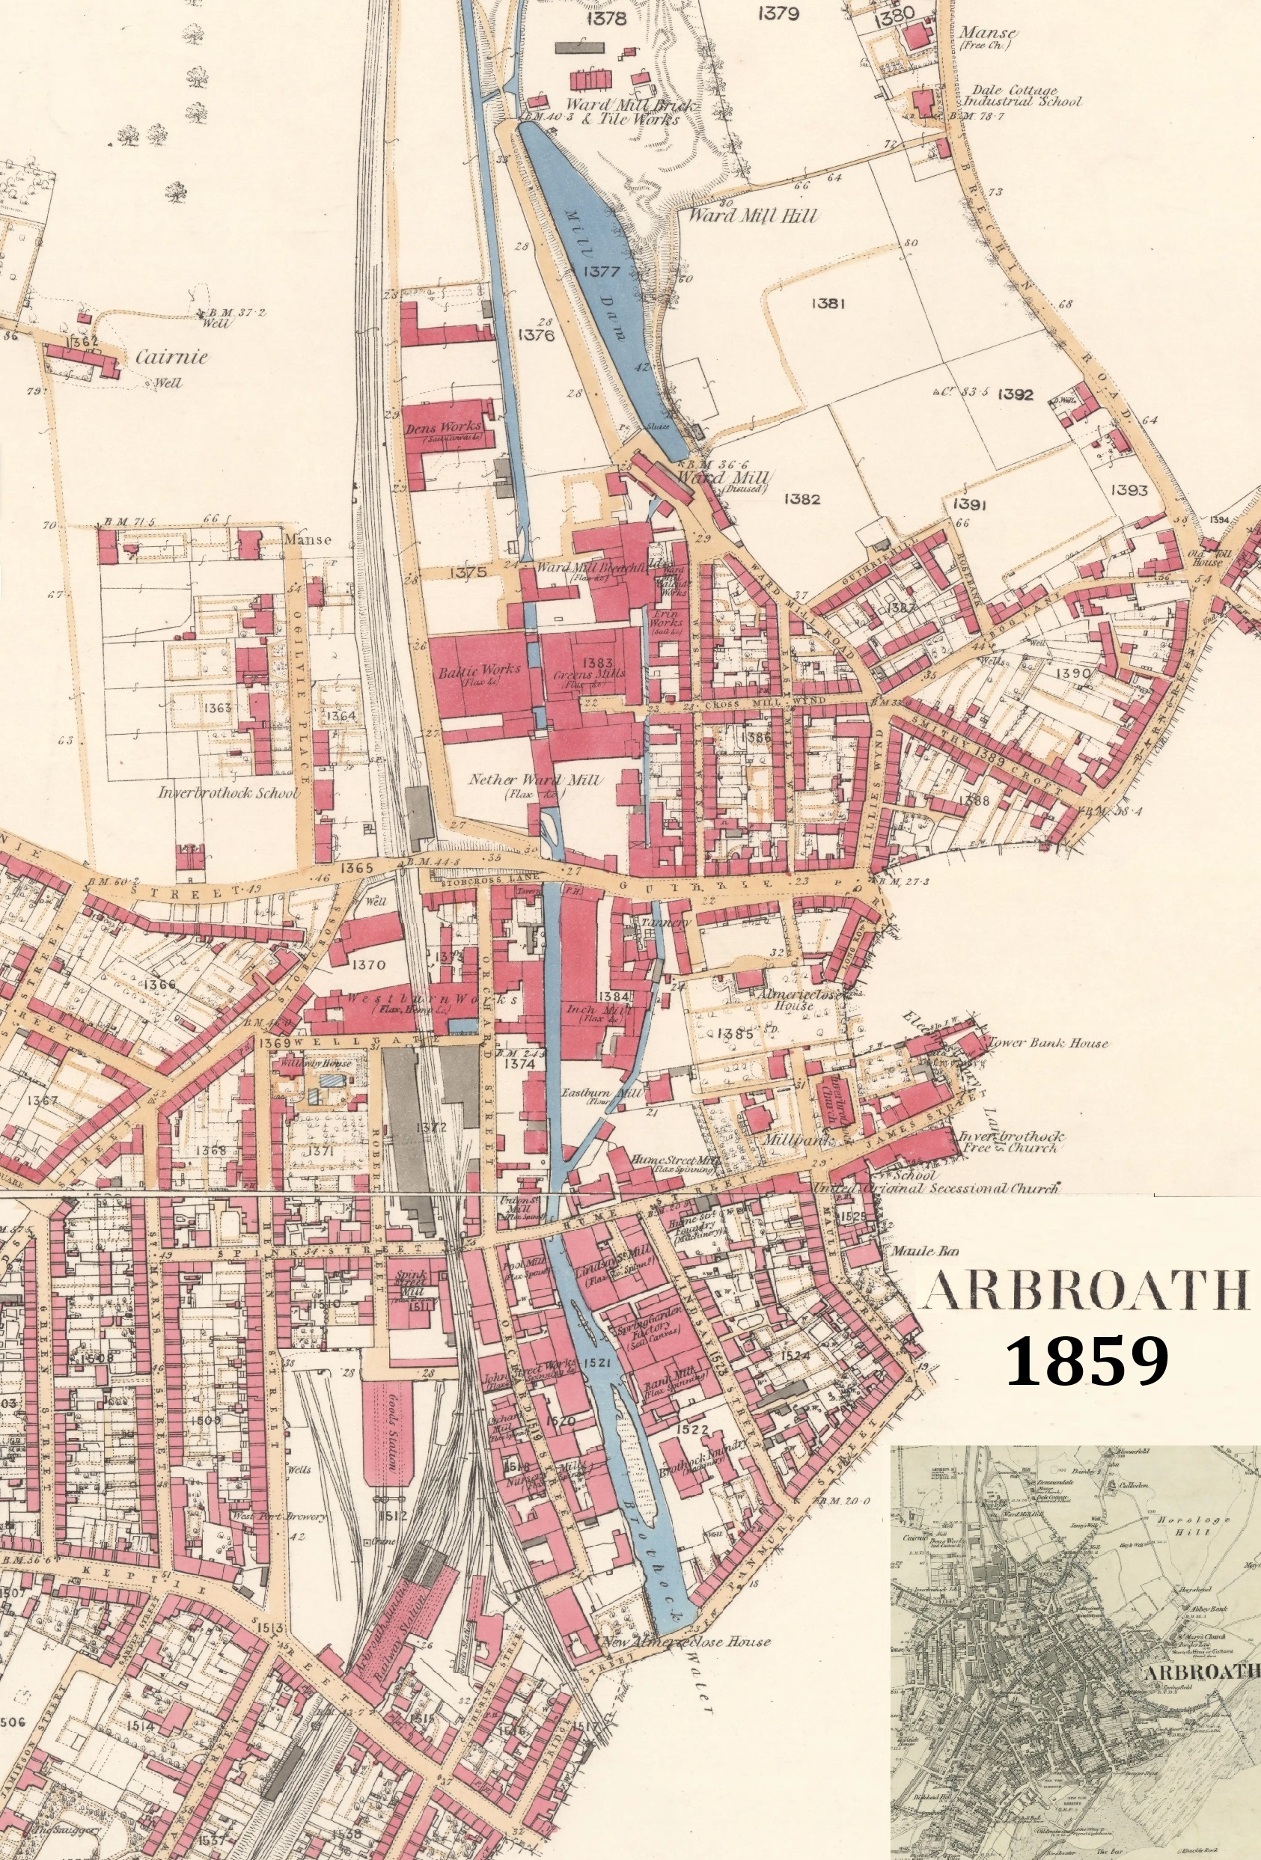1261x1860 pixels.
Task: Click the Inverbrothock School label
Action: (x=228, y=793)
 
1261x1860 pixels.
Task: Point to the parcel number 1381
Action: (x=828, y=302)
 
